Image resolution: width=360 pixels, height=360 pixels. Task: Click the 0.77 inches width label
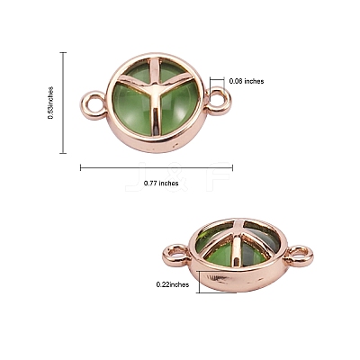(x=161, y=183)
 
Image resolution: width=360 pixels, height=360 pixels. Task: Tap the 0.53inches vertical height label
(x=50, y=103)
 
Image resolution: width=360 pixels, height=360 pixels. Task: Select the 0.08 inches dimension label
(x=247, y=81)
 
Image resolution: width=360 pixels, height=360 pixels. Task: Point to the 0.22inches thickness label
(x=173, y=284)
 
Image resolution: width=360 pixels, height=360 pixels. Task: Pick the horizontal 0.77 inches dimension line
(x=157, y=167)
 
